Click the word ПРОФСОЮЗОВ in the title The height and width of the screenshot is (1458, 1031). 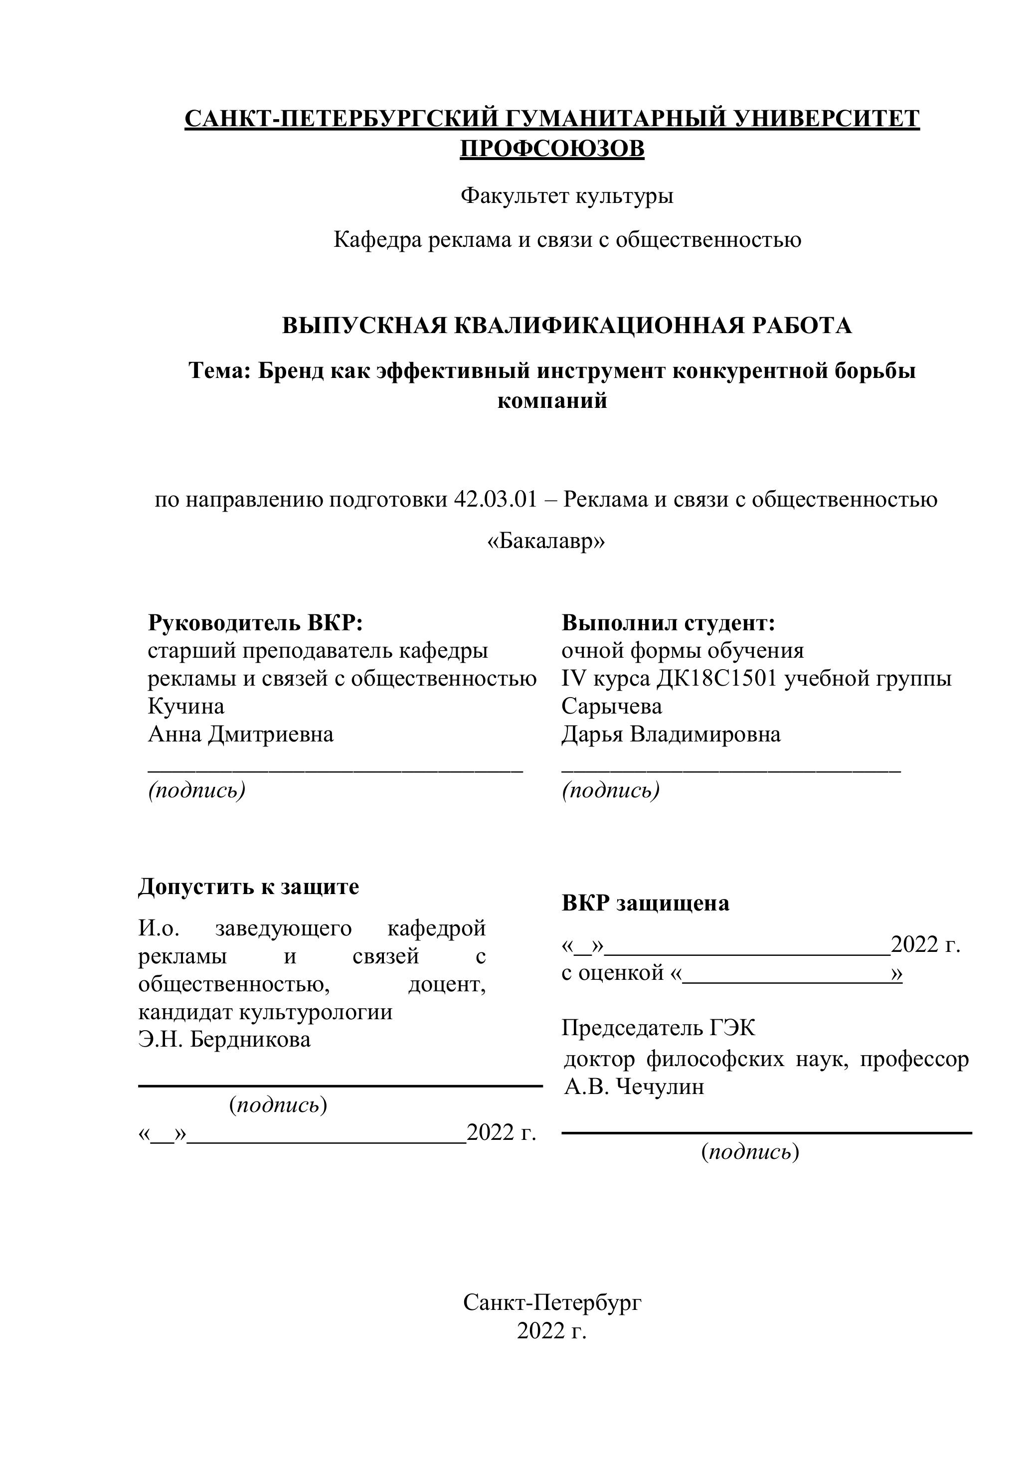coord(552,149)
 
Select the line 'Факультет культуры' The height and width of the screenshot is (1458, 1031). coord(566,195)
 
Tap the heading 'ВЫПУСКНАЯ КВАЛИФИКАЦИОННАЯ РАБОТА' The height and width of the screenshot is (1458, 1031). coord(566,326)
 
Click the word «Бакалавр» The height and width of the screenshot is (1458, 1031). coord(546,542)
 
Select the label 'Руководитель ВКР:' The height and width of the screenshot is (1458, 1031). coord(255,623)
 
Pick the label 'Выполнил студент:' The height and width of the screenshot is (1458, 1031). coord(669,623)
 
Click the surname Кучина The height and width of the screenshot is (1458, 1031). coord(186,706)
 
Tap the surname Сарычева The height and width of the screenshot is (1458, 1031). coord(611,706)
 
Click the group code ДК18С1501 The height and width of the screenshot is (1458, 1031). coord(717,679)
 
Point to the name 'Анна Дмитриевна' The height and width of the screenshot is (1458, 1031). coord(241,734)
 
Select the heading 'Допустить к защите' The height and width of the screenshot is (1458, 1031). coord(248,887)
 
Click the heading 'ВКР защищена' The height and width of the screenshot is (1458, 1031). coord(645,903)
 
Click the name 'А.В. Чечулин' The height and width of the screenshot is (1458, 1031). coord(634,1087)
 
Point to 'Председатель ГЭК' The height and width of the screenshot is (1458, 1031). coord(659,1028)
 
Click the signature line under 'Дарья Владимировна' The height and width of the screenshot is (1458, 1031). coord(731,770)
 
